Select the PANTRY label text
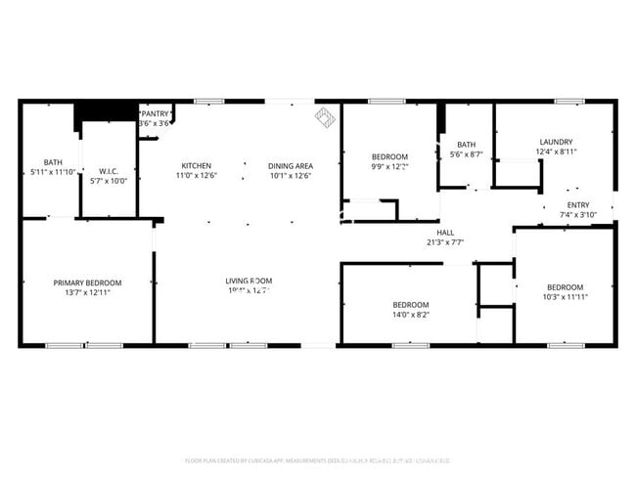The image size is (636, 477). [x=157, y=113]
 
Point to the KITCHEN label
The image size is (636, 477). [x=196, y=165]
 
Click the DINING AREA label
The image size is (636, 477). [x=290, y=165]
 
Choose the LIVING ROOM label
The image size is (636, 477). [x=248, y=281]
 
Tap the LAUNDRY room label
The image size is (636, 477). [x=556, y=142]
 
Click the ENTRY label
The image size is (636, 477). [x=578, y=204]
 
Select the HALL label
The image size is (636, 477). [x=445, y=232]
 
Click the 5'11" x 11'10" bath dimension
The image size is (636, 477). [x=53, y=172]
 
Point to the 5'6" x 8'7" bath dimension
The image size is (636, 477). [x=466, y=154]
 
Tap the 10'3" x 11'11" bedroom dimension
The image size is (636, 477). [x=565, y=297]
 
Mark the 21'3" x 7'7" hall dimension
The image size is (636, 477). [x=445, y=241]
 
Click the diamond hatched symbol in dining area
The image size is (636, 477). [x=324, y=118]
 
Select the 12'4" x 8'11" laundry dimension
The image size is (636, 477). [x=556, y=152]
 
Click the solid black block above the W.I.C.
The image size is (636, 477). [x=107, y=110]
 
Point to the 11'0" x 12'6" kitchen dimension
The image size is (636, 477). [x=196, y=176]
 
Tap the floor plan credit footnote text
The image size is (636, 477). [x=317, y=460]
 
